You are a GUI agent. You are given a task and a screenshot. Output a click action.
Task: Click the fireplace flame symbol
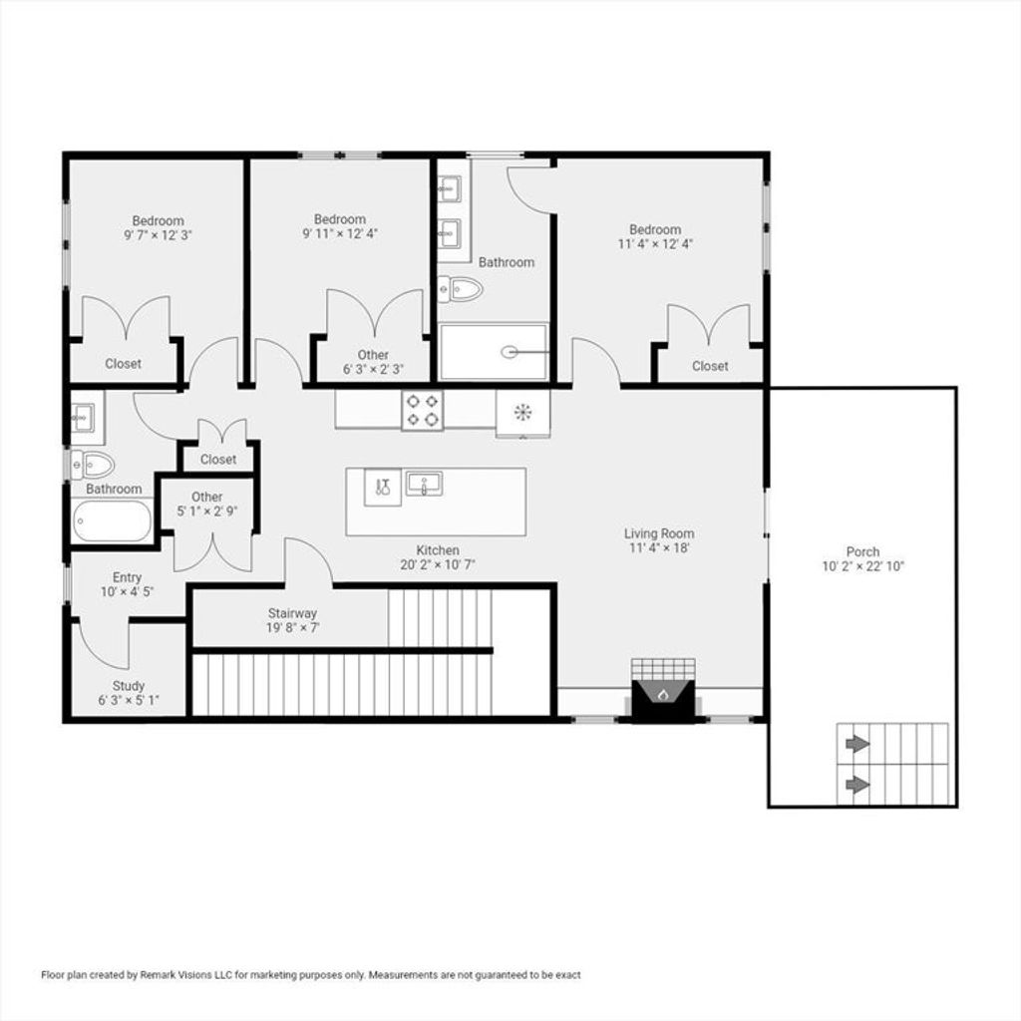[663, 695]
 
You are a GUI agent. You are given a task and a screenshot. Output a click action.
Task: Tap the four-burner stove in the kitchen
[422, 410]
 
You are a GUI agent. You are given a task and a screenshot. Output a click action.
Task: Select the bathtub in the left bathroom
[112, 520]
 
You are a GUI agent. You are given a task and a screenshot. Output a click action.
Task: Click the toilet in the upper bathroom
[461, 288]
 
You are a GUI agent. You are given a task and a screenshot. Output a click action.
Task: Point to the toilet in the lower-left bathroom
[93, 465]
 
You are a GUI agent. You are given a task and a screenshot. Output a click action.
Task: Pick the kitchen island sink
[424, 484]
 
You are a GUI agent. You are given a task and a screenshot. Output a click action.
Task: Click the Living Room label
[659, 534]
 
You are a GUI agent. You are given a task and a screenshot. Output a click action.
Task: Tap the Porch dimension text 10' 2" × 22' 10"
[862, 566]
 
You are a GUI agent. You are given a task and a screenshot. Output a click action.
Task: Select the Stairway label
[292, 613]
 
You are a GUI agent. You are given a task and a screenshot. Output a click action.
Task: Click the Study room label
[129, 686]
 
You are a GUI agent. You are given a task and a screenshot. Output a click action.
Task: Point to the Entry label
[127, 577]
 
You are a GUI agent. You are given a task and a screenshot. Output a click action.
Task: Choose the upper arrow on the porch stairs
[857, 744]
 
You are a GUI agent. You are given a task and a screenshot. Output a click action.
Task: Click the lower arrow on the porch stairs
[857, 785]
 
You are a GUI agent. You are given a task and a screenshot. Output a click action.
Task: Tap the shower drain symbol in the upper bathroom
[510, 352]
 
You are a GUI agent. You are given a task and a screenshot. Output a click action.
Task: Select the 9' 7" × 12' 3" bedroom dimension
[158, 235]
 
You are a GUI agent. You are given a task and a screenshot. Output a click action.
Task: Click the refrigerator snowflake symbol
[522, 412]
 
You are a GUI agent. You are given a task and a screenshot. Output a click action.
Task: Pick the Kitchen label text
[438, 550]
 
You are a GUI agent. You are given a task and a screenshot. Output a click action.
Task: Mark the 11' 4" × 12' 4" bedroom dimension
[655, 244]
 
